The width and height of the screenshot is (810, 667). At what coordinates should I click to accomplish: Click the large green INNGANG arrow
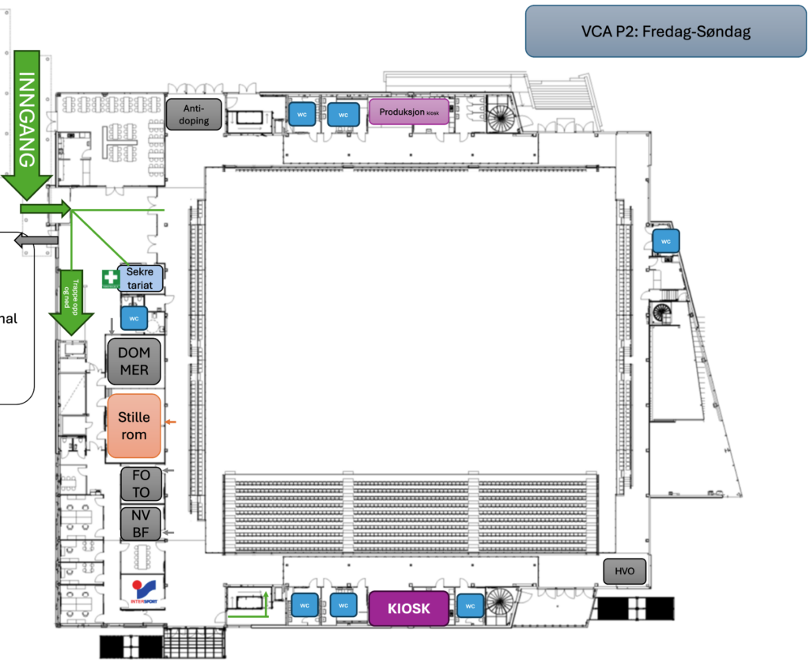pos(28,119)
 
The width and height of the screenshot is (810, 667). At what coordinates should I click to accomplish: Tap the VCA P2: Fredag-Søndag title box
pos(664,32)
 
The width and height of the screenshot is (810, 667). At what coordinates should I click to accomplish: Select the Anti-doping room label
pos(194,115)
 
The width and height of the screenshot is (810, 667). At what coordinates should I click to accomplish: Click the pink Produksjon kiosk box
pos(409,112)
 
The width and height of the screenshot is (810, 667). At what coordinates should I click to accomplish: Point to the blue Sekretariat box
pos(141,278)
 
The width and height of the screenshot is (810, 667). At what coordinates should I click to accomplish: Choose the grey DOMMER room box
pos(134,361)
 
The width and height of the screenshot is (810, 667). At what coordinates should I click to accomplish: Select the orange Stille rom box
pos(134,426)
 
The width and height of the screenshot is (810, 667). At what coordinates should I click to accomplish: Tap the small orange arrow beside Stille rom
pos(171,424)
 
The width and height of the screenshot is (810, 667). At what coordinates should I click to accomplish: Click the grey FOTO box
pos(141,484)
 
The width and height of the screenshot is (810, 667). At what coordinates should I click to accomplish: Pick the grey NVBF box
pos(141,524)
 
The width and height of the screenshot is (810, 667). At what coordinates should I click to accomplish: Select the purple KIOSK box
pos(409,608)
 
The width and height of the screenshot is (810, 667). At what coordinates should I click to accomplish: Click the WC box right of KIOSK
pos(471,606)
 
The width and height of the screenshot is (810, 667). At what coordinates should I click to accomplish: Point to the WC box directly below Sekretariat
pos(134,318)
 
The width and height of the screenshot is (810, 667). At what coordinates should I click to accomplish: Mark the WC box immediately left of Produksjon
pos(343,115)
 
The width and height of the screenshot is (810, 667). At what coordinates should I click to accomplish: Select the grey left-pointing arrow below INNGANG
pos(38,241)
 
